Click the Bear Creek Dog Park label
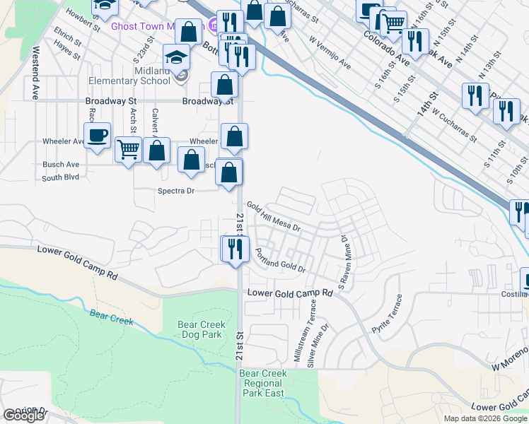pos(202,329)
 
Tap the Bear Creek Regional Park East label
pos(262,383)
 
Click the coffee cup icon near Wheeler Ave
pos(97,134)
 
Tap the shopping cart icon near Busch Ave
pos(128,149)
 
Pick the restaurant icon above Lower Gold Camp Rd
pos(235,248)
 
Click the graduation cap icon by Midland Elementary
pos(177,57)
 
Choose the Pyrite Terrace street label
pos(390,313)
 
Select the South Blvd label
pos(60,177)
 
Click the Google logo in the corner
pos(23,416)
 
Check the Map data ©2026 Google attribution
pos(484,418)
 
